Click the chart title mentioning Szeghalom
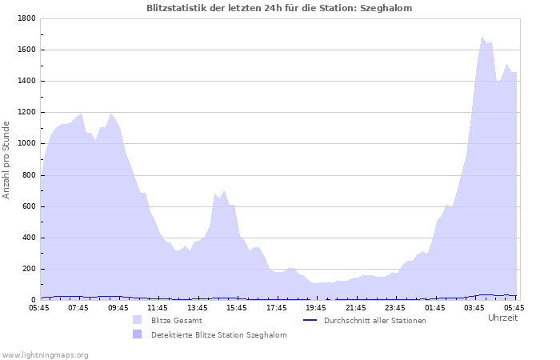coord(280,8)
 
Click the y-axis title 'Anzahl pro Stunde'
coord(6,159)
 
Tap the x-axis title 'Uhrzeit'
coord(502,318)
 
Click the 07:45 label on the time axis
coord(78,307)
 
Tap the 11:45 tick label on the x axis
coord(158,307)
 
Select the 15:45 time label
coord(237,307)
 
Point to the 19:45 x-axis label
coord(316,307)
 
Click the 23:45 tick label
coord(395,307)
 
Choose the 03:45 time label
coord(474,307)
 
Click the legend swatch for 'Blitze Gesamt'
coord(138,320)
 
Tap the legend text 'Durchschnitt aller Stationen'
coord(374,320)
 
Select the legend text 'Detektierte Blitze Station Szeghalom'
coord(218,334)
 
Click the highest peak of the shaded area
coord(482,37)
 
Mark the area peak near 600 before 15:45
coord(225,190)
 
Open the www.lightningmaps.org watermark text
coord(45,354)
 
